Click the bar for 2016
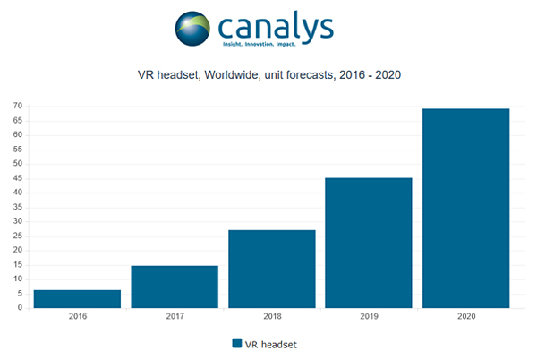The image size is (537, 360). point(77,299)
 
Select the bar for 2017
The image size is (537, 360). point(175,287)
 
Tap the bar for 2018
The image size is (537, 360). point(271,269)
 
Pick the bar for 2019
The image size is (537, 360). point(369,243)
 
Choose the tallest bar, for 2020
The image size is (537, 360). point(465,208)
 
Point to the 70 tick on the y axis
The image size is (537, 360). point(17,107)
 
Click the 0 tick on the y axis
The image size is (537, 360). point(20,308)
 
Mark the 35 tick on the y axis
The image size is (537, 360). point(17,207)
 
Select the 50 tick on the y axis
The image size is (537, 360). point(17,164)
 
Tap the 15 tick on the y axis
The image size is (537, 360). point(17,265)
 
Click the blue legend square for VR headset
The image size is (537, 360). point(237,343)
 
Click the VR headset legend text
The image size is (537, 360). point(272,343)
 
